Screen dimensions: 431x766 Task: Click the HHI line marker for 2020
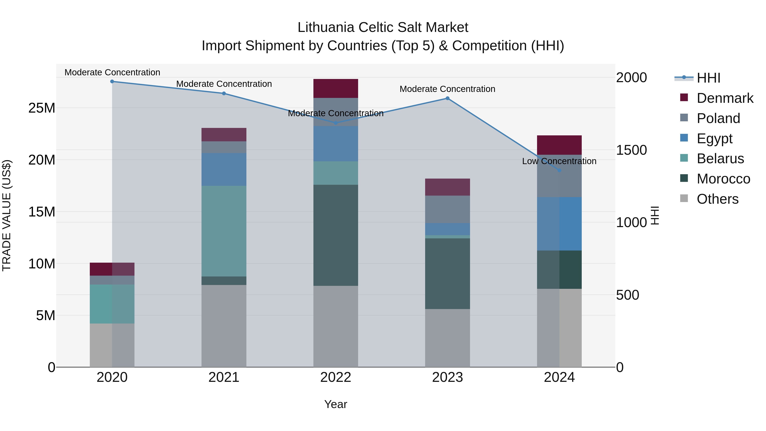point(112,82)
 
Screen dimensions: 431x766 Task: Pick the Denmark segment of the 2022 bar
point(336,89)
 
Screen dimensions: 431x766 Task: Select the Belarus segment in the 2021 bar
point(224,231)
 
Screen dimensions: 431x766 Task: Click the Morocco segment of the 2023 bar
point(447,274)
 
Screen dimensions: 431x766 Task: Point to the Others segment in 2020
point(112,345)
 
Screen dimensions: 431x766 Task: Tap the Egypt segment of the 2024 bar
point(559,224)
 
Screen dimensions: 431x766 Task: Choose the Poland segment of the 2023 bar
point(447,209)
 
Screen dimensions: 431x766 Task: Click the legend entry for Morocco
point(723,179)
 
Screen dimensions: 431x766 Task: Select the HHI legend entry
point(708,78)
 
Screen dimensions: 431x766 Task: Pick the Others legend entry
point(717,199)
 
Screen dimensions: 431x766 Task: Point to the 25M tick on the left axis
point(42,108)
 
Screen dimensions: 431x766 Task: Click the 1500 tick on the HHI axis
point(631,150)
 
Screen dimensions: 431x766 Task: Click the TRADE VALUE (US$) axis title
point(7,215)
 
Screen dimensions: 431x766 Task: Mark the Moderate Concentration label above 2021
point(224,84)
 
